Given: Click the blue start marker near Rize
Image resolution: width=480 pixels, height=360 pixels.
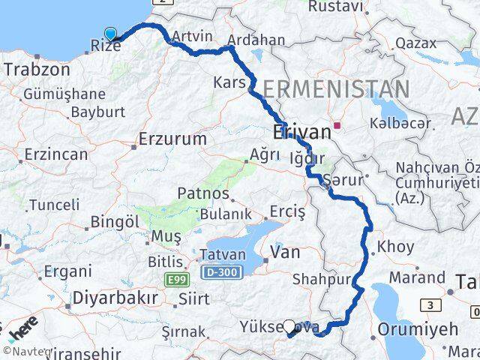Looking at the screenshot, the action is point(111,33).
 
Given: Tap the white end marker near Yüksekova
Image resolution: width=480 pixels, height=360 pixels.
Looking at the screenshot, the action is point(289,326).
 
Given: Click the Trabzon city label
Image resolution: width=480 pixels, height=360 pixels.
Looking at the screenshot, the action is point(37,70).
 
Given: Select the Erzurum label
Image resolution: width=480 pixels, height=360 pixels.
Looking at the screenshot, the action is point(173,139).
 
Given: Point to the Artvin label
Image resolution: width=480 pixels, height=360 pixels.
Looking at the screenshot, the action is point(192,36).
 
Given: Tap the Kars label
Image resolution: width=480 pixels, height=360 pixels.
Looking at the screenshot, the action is point(229,81).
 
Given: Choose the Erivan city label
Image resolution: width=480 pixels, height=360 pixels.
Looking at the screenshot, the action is point(301,133).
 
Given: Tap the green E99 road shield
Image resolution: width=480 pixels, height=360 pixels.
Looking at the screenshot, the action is point(173,279).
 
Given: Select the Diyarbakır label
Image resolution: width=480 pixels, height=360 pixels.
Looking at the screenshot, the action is point(115,298).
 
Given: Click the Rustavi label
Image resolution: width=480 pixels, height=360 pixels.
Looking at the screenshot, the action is point(336,7).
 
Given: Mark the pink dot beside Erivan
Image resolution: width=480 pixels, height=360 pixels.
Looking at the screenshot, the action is point(338,127).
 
